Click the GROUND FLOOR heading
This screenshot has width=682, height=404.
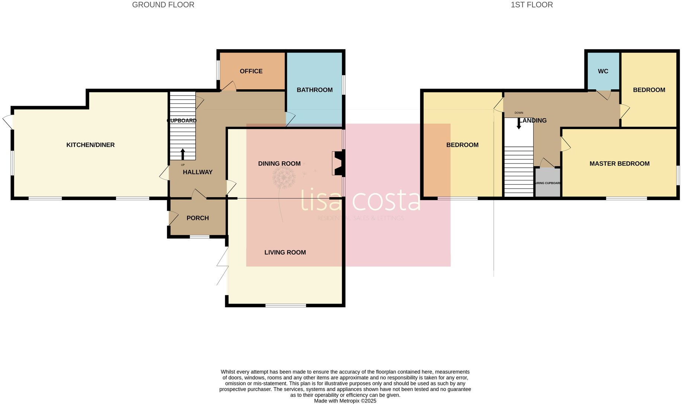[x=163, y=5]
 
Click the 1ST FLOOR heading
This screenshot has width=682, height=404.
[x=531, y=5]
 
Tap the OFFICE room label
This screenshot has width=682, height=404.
[x=251, y=71]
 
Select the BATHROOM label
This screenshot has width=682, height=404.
[x=314, y=90]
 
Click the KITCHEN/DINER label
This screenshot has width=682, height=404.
[x=90, y=145]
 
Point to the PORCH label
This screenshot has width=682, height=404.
[x=198, y=218]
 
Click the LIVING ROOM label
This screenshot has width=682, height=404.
[x=285, y=252]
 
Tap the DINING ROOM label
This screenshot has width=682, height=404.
[x=279, y=163]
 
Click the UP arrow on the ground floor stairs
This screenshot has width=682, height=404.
[x=183, y=154]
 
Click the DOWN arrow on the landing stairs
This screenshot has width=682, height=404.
[x=519, y=124]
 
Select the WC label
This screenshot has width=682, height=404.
[x=603, y=71]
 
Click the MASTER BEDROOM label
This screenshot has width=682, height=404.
[x=619, y=163]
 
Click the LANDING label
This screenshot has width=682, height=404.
[x=533, y=120]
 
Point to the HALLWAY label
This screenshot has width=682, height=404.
[x=198, y=172]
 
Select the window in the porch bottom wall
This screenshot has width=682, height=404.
[x=199, y=237]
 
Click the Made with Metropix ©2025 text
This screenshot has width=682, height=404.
[x=345, y=401]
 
